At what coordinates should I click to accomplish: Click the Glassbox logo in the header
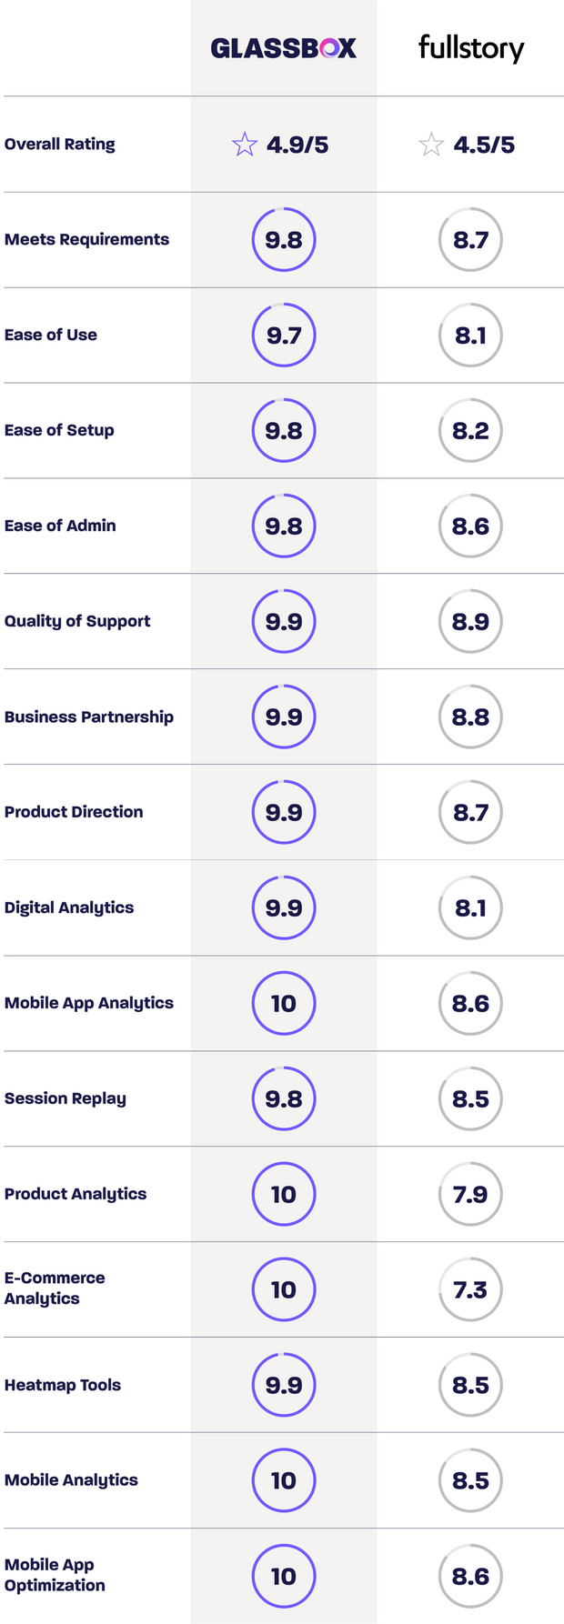(x=283, y=48)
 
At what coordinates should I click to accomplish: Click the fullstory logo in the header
(x=470, y=47)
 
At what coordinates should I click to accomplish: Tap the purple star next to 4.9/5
(x=245, y=145)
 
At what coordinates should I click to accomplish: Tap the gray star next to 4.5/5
(x=431, y=145)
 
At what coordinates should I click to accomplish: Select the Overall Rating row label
(x=60, y=144)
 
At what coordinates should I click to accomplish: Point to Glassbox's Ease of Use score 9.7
(x=284, y=336)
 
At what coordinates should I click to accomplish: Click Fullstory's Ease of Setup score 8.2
(x=470, y=431)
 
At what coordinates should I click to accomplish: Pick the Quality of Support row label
(x=77, y=621)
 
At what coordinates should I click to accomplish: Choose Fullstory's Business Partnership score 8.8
(x=470, y=717)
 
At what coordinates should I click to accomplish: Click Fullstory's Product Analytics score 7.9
(x=470, y=1195)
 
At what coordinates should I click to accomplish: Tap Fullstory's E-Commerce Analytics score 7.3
(x=470, y=1290)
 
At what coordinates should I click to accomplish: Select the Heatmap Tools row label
(x=63, y=1385)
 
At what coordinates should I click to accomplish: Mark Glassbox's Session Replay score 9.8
(x=284, y=1099)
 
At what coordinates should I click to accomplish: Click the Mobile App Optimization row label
(x=55, y=1575)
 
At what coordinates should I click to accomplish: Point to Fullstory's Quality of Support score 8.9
(x=470, y=622)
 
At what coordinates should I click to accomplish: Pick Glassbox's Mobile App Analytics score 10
(x=284, y=1004)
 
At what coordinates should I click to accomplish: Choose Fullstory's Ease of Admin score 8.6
(x=470, y=526)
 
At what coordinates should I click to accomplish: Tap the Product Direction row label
(x=74, y=812)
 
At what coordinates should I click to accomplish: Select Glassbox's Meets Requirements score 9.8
(x=284, y=240)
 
